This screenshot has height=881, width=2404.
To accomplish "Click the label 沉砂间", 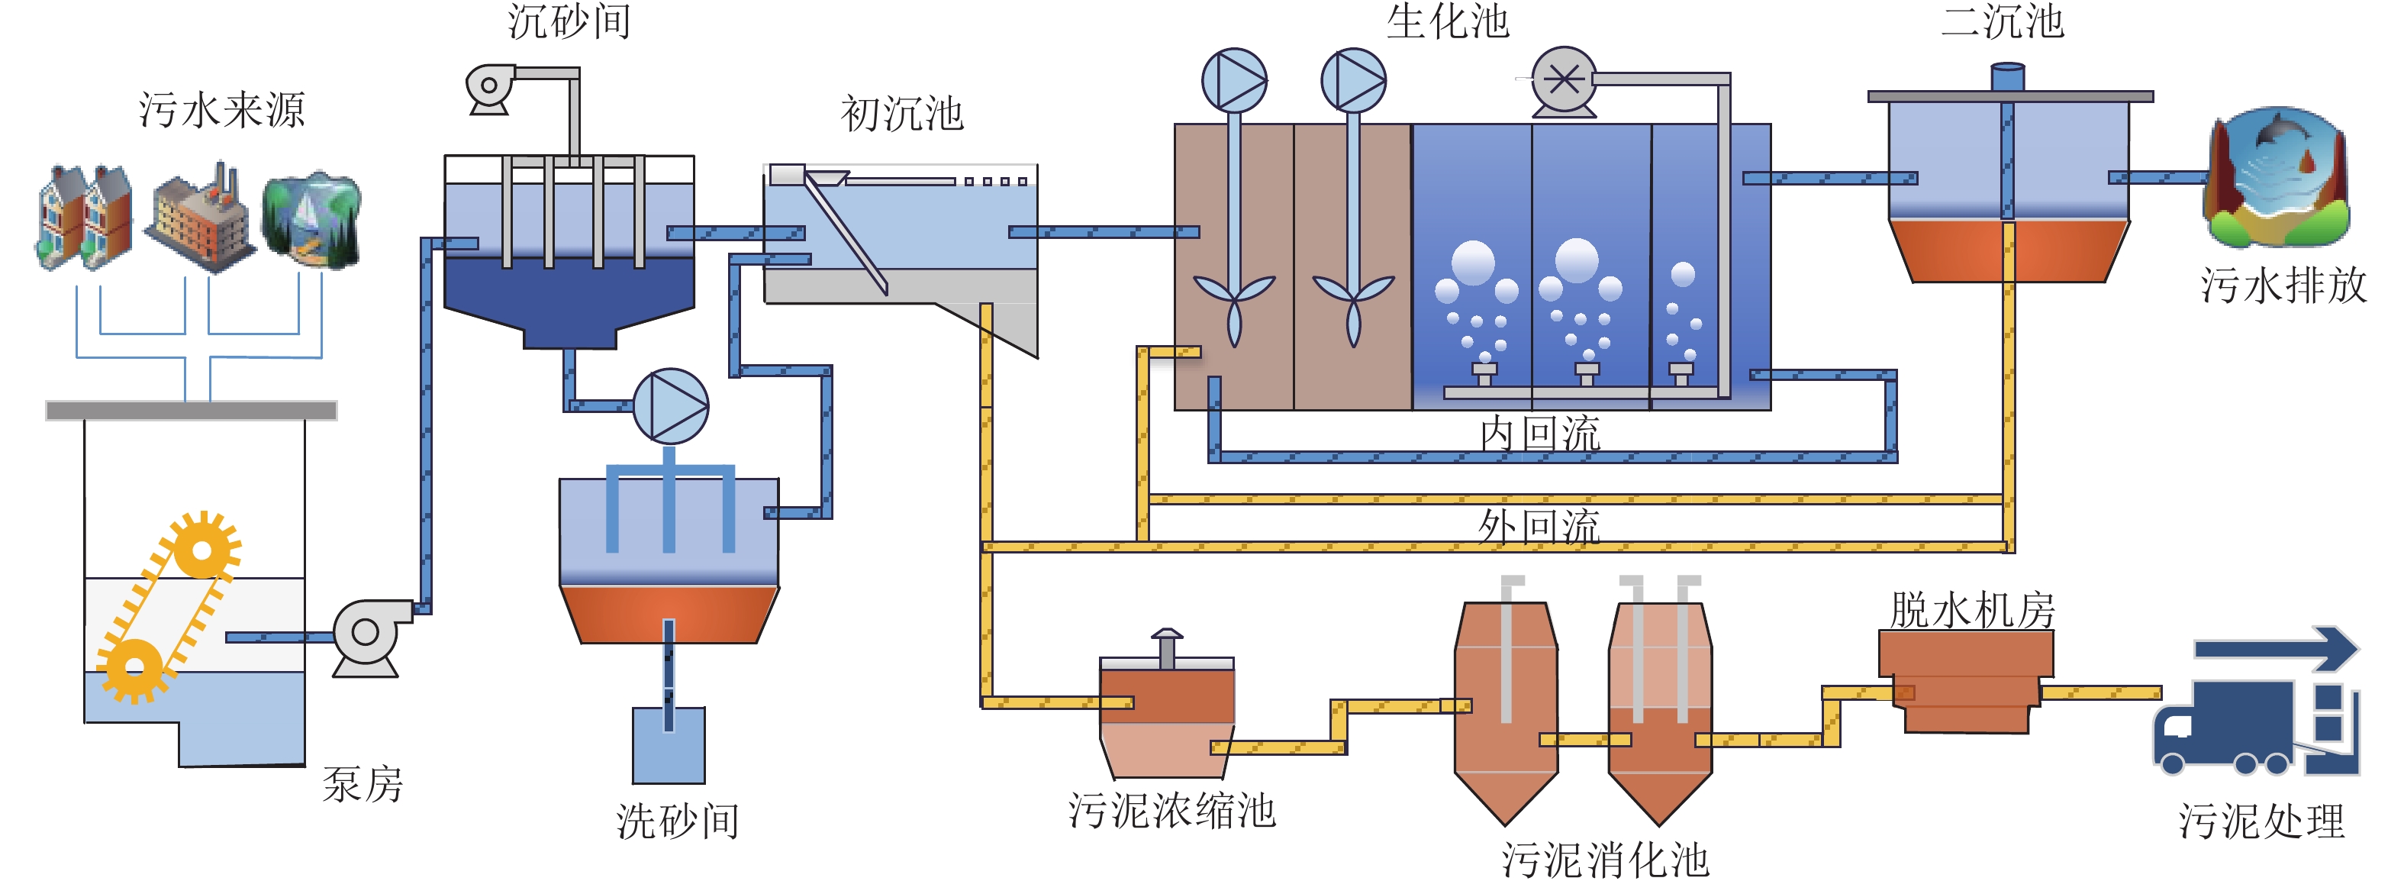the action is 569,21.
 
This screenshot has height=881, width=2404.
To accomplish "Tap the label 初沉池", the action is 901,113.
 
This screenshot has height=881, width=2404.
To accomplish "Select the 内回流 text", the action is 1540,434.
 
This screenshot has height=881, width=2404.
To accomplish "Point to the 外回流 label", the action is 1540,526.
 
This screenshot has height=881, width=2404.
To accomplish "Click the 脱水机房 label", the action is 1972,610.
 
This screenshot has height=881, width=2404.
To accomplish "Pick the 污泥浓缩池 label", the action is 1171,810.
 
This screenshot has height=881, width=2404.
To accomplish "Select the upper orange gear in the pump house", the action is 201,548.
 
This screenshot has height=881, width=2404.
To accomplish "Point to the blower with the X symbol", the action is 1564,82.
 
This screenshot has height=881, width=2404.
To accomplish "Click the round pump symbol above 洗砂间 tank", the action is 671,406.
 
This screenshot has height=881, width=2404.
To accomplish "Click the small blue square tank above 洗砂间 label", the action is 669,745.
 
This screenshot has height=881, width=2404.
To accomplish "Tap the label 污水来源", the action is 222,110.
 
